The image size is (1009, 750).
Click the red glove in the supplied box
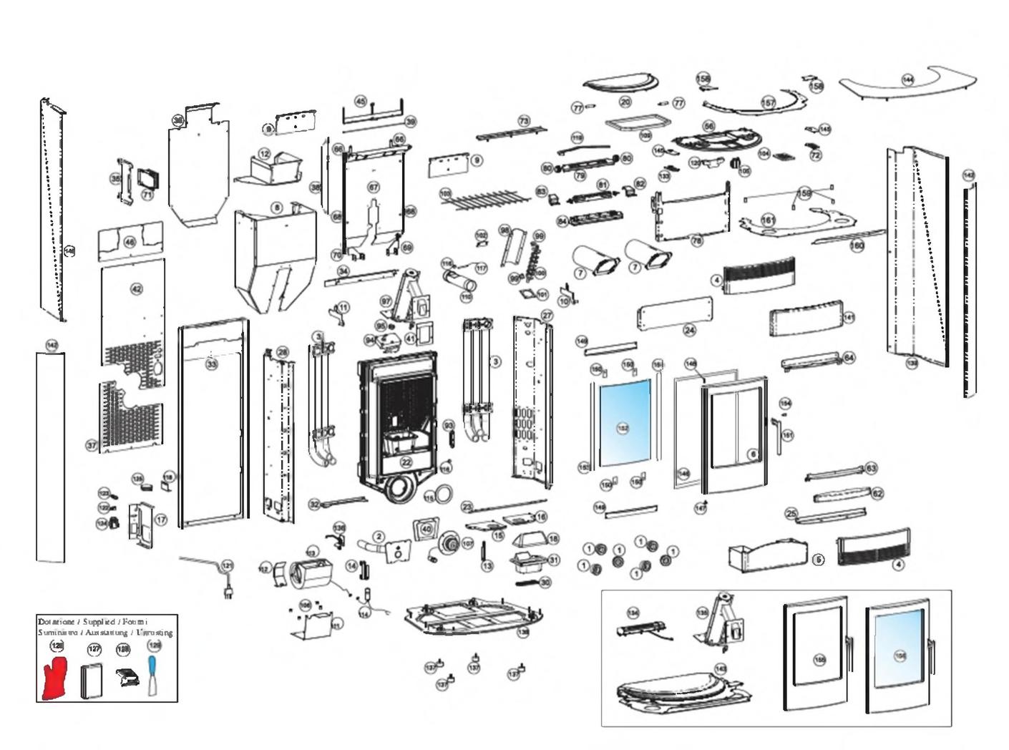click(54, 679)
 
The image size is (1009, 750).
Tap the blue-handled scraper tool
click(152, 676)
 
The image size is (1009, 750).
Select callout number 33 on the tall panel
click(211, 364)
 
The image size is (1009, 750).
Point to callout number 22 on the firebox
click(406, 462)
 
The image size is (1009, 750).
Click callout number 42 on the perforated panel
click(136, 289)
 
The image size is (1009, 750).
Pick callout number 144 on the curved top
click(907, 80)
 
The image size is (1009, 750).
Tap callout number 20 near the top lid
click(625, 102)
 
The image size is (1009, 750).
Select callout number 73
click(524, 122)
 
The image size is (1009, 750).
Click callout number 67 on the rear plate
click(373, 187)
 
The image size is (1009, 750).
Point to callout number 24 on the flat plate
click(689, 330)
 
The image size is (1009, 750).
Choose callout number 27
click(547, 316)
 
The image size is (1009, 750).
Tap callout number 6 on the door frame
click(752, 454)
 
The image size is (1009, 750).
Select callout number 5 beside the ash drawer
click(819, 560)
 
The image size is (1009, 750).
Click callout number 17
click(161, 520)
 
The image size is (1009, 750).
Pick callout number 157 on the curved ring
click(768, 103)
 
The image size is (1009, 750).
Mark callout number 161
click(768, 220)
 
